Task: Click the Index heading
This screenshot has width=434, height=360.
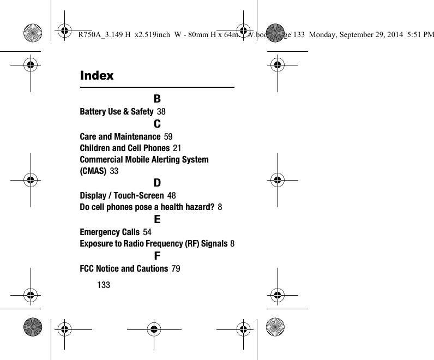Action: point(97,76)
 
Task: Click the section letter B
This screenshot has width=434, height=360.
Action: point(157,99)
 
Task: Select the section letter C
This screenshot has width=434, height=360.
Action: point(157,123)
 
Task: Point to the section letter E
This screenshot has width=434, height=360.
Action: point(157,220)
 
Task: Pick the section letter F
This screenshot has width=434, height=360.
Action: point(157,256)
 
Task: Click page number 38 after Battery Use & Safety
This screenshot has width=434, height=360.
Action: point(161,112)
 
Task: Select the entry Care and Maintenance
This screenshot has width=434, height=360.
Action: point(120,136)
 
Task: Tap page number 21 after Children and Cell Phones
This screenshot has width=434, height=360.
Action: point(177,148)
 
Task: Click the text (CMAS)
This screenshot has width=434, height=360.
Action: point(93,172)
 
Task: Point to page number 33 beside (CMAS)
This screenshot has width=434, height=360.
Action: point(114,172)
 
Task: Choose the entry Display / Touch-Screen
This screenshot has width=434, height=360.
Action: point(122,196)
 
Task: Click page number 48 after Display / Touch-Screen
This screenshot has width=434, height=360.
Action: point(171,196)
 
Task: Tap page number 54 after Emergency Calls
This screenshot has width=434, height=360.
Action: point(147,232)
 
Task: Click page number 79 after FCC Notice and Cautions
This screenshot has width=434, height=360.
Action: point(176,268)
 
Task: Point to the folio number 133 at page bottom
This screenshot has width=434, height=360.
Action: point(104,285)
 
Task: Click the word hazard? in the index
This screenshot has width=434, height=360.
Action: point(200,208)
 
